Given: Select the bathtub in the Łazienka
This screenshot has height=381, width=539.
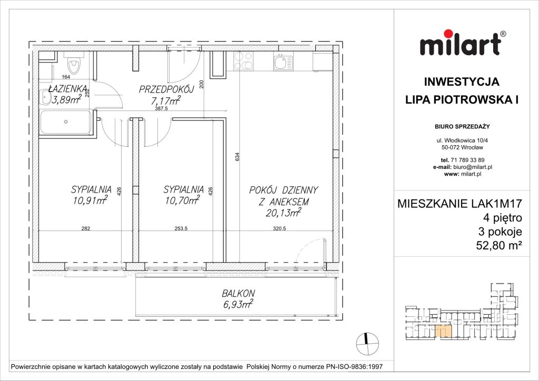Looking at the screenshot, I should [x=65, y=122].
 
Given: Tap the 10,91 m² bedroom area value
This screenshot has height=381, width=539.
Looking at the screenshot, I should [x=91, y=199].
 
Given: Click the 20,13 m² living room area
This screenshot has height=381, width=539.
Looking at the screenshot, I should [x=285, y=212].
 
